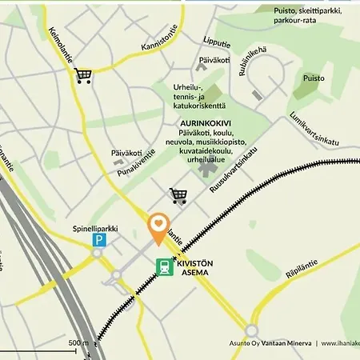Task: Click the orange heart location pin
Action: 158,226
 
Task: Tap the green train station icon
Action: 165,267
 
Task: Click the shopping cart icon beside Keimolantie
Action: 83,76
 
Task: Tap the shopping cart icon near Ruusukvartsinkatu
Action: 178,195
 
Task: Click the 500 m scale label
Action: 78,343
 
